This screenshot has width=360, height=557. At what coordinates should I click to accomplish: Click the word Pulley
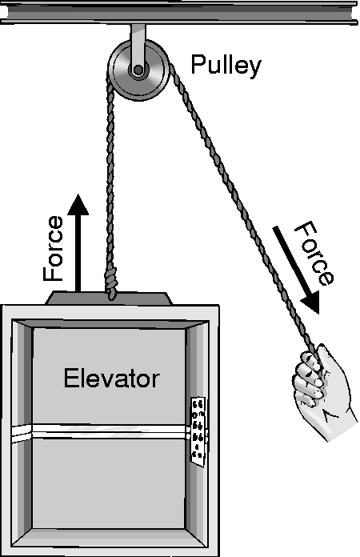point(226,66)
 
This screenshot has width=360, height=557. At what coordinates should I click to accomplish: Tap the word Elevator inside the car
point(111,378)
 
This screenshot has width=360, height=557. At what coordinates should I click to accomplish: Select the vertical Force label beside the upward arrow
point(54,248)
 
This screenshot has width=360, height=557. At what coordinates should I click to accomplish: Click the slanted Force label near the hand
point(314,253)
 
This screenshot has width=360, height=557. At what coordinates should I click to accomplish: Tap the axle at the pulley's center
point(138,70)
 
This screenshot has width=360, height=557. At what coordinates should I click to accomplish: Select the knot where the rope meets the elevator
point(110,285)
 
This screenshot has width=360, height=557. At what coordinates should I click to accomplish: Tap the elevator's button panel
point(198,430)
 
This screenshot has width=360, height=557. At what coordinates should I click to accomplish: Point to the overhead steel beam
point(180,13)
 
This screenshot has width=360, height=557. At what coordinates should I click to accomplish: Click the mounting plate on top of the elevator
point(109,299)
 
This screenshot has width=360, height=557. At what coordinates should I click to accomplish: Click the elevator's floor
point(109,537)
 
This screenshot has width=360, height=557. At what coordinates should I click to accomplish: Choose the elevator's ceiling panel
point(110,324)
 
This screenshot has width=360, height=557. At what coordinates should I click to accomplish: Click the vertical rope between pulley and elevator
point(110,178)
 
